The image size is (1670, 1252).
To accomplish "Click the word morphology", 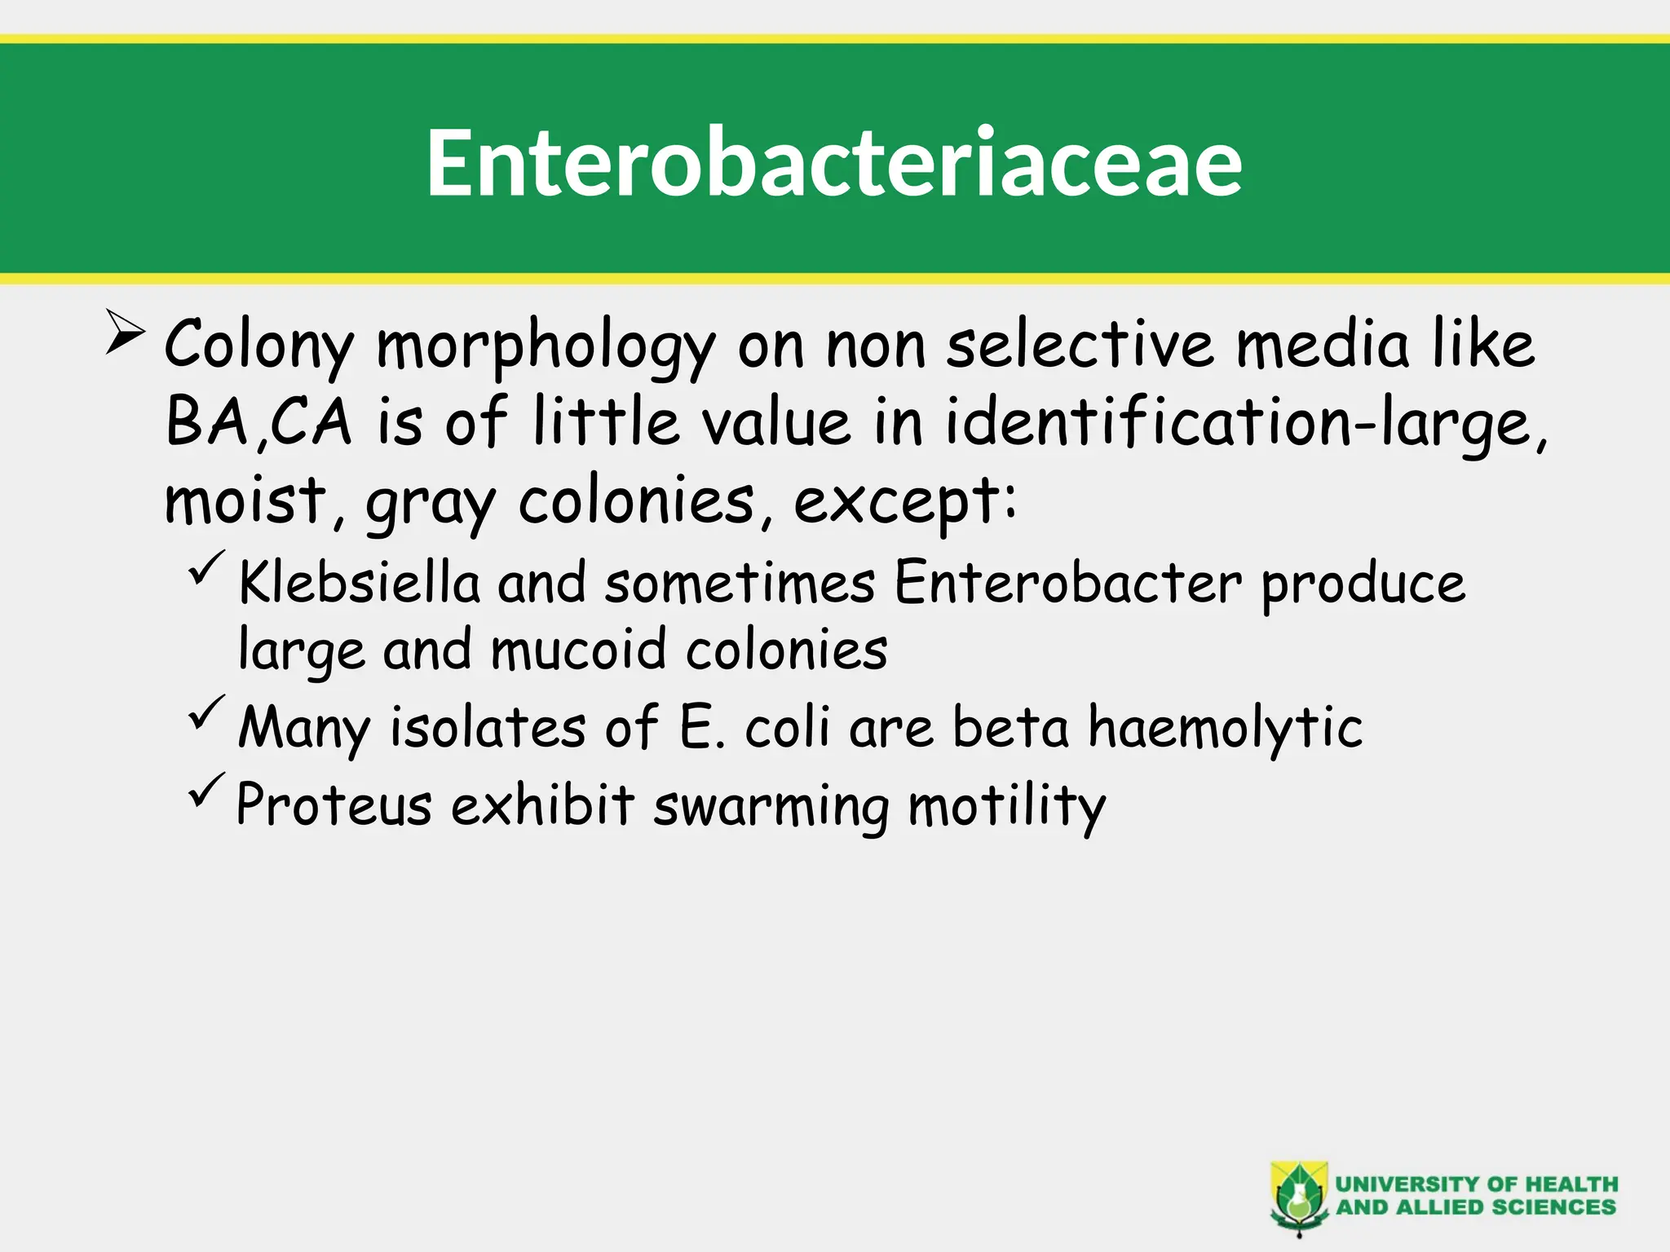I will [546, 346].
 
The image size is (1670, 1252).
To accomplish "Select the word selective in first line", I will [1080, 344].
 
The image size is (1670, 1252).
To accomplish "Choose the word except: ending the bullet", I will [905, 502].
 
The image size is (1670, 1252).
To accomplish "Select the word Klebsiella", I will [359, 584].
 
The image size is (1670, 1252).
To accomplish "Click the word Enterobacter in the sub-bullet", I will [1067, 584].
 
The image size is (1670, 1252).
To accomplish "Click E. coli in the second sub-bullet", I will [754, 727].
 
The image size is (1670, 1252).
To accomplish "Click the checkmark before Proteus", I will [206, 790].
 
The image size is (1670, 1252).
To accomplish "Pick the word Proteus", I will [334, 805].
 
